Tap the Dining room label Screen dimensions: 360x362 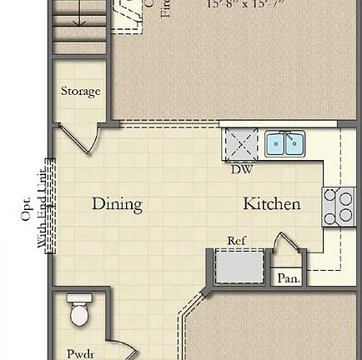(116, 203)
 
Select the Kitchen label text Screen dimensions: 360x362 (271, 203)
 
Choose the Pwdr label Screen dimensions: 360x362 (78, 352)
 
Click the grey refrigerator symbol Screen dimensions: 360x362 (228, 265)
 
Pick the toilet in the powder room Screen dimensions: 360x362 (78, 310)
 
